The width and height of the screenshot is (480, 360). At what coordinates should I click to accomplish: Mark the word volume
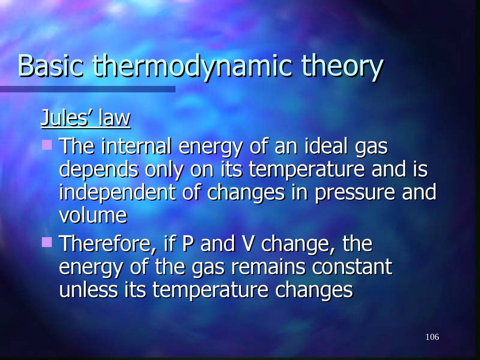tap(93, 216)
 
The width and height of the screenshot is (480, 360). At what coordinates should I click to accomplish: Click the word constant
tap(352, 267)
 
